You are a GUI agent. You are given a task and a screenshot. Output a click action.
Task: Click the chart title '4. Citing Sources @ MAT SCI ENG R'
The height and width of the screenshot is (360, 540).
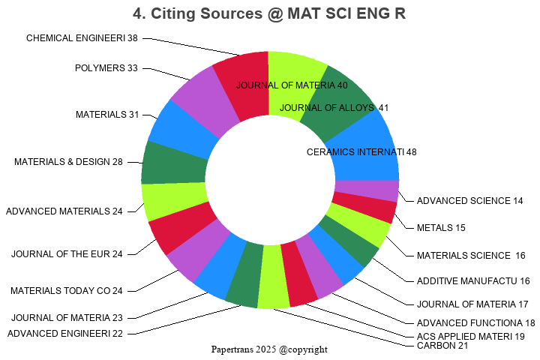point(269,13)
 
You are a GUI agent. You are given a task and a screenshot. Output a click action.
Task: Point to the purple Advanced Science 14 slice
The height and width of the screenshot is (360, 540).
point(366,190)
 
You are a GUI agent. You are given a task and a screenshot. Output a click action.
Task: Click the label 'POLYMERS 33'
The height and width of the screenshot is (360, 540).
point(106,68)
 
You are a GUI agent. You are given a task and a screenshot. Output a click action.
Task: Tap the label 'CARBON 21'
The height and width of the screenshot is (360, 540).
point(442,346)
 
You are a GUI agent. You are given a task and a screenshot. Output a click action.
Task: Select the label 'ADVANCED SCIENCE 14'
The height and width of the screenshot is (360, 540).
point(470,200)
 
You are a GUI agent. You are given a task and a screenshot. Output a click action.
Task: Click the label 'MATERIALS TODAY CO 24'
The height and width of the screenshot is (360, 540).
point(66,290)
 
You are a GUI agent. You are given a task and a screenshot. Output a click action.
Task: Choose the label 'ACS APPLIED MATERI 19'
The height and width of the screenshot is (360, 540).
point(471,336)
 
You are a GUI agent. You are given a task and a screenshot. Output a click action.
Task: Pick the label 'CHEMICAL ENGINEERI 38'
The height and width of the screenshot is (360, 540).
point(82,37)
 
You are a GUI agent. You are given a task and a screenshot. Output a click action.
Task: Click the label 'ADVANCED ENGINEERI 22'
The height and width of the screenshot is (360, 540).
point(65,333)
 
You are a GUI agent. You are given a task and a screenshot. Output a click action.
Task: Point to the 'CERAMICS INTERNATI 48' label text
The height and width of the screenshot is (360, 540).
point(361,151)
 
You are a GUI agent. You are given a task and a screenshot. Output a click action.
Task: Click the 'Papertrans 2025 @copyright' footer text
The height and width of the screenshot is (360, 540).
point(269,349)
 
